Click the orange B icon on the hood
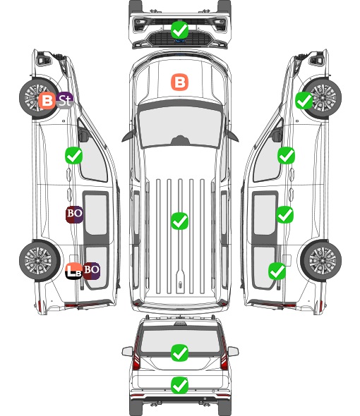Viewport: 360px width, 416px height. [179, 82]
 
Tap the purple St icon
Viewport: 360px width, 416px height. [64, 101]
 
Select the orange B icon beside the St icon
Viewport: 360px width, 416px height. [47, 101]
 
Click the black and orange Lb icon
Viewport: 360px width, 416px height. [73, 271]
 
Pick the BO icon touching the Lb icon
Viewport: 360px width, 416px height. [91, 271]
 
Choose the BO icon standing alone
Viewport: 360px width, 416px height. [74, 214]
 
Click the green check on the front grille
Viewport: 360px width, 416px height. [179, 30]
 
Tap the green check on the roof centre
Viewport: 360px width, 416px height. [179, 221]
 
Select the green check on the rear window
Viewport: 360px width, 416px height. [179, 353]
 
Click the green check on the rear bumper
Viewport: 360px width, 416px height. [179, 385]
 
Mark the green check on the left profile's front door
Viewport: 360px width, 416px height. [73, 155]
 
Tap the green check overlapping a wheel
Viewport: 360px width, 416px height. [304, 101]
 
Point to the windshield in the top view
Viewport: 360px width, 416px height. [180, 128]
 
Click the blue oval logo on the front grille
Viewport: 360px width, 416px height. [180, 41]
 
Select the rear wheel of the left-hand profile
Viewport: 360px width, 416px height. [40, 261]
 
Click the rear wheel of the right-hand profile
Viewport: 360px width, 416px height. [321, 261]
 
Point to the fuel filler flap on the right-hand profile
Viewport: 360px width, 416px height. [287, 260]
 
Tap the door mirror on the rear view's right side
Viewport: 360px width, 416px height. [234, 351]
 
